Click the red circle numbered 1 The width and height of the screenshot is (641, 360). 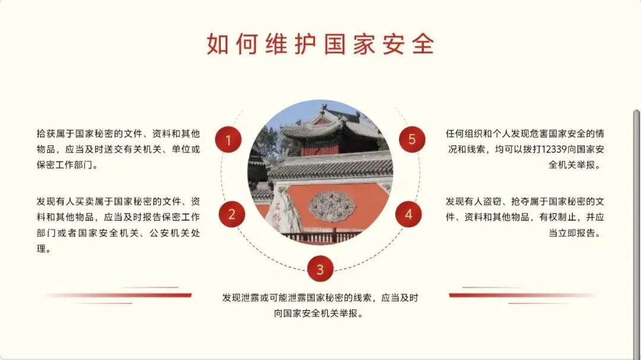228,140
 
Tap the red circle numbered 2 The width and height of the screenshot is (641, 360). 232,214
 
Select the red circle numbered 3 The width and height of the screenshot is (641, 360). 320,269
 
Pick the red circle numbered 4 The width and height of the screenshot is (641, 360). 408,214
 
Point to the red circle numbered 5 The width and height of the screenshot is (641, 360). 412,139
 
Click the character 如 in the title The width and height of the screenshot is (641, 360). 217,44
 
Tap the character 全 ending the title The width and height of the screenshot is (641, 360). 423,44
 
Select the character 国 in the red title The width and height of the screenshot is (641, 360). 335,44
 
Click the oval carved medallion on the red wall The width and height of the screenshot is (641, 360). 332,206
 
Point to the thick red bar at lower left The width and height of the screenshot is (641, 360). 119,295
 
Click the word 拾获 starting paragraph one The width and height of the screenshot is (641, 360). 46,134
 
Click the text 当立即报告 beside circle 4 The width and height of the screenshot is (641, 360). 572,233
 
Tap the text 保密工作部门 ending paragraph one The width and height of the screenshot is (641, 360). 65,165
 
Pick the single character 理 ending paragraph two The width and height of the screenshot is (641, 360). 42,249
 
